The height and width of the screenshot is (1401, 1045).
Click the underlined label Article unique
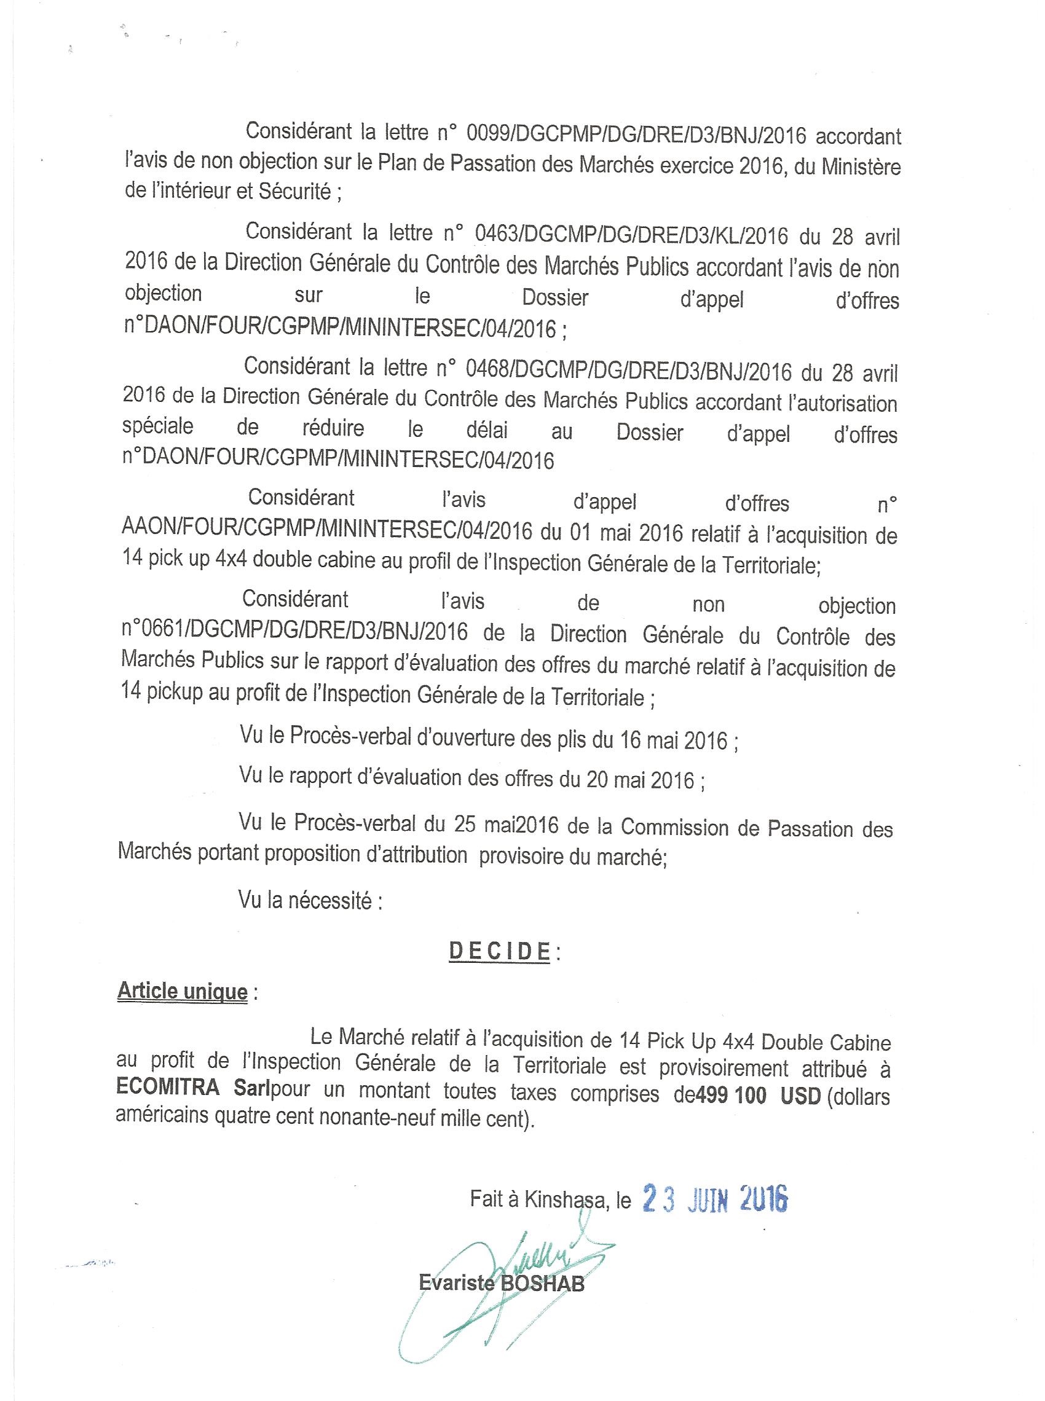182,991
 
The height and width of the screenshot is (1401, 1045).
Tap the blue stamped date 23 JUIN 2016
715,1198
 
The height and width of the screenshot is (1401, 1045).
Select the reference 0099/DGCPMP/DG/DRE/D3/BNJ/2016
636,135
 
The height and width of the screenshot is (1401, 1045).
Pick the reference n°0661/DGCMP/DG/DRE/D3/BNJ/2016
295,632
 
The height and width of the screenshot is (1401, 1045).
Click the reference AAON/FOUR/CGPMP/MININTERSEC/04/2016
326,530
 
